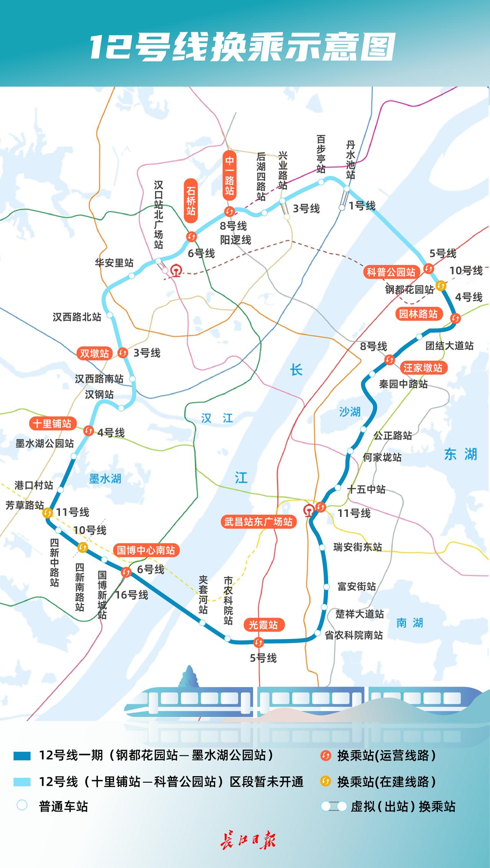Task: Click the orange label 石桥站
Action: [x=191, y=201]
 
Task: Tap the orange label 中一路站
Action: [x=229, y=175]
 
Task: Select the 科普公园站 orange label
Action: [x=391, y=272]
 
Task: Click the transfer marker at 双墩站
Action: [x=123, y=352]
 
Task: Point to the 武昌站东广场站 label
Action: [x=258, y=522]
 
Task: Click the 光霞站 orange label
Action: [x=263, y=625]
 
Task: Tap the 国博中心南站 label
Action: [x=146, y=550]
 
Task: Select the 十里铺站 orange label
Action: [x=52, y=424]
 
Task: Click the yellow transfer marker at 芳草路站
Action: [x=48, y=512]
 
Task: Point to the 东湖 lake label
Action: [x=461, y=454]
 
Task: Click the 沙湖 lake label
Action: [x=350, y=412]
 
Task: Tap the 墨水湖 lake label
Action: [x=105, y=479]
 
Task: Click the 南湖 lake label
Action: [x=410, y=623]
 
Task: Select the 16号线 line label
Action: [x=132, y=595]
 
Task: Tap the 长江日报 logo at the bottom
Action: [x=248, y=841]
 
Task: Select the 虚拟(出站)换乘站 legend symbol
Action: [x=334, y=806]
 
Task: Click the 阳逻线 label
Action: [x=235, y=240]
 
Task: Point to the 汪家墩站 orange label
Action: [x=423, y=368]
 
